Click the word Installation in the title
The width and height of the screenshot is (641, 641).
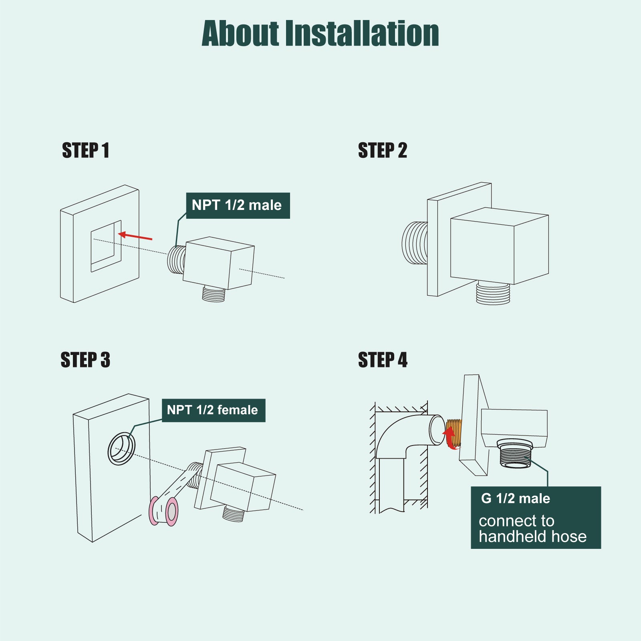362,33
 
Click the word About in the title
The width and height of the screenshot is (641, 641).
240,33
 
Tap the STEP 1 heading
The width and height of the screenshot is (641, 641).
85,151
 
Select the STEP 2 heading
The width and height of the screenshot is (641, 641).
383,151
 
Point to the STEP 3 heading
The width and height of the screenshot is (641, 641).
85,360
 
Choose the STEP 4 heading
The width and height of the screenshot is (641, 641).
383,360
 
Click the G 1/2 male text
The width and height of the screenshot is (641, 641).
516,498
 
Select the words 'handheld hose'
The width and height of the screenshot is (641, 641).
533,536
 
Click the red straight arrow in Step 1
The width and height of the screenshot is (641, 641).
135,236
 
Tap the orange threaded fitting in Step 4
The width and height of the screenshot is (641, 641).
454,433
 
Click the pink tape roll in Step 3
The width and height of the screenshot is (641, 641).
163,511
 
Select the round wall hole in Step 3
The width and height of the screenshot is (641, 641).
121,449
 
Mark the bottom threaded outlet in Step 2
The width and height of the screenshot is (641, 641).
493,293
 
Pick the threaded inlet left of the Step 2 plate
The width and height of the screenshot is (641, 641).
415,243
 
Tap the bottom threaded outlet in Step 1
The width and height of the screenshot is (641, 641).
214,294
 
